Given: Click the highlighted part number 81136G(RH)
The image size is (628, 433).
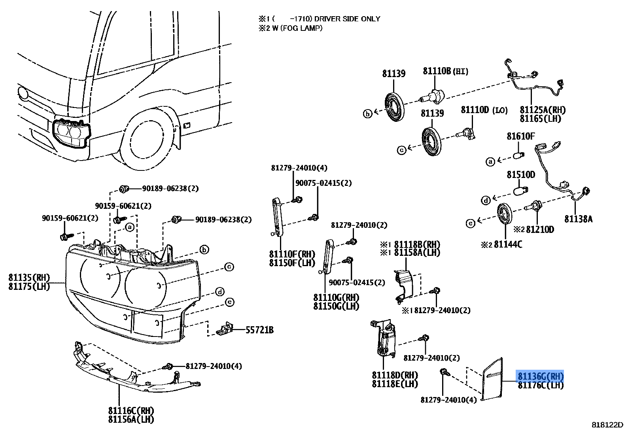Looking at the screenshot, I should [540, 376].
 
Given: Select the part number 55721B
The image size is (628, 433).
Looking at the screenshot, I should [259, 329].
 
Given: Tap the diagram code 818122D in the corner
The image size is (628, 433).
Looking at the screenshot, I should [607, 425].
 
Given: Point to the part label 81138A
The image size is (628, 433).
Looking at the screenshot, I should [578, 219].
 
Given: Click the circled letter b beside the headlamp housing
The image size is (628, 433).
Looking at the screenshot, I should [204, 250].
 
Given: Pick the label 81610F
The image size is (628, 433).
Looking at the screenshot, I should [520, 136].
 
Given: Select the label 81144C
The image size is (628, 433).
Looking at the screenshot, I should [507, 245].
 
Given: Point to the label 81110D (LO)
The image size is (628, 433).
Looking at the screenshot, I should [484, 110].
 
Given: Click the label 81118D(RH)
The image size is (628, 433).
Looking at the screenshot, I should [395, 375].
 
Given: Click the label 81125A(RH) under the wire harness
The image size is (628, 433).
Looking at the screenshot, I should [542, 110].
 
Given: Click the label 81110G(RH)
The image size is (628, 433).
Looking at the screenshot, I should [336, 297].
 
